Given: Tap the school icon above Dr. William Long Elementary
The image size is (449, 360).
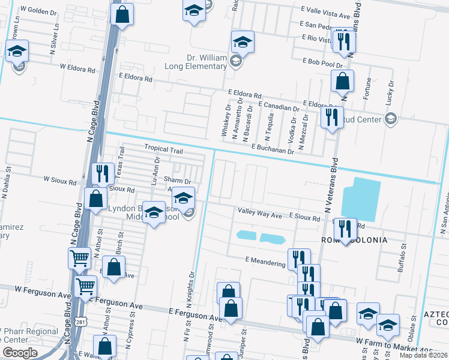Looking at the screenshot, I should click(x=243, y=42).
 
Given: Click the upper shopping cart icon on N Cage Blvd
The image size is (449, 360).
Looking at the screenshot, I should click(x=80, y=259).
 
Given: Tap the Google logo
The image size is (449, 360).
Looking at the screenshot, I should click(x=20, y=353).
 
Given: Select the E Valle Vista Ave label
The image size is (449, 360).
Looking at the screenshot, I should click(x=328, y=14).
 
